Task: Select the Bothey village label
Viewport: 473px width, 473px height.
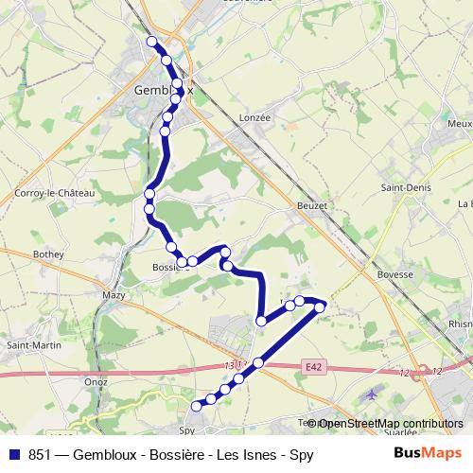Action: point(48,254)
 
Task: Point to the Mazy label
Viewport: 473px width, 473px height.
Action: point(114,295)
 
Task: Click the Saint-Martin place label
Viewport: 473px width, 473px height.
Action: point(34,345)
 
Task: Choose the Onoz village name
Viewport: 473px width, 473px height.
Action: point(96,381)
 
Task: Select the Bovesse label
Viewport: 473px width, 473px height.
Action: point(395,274)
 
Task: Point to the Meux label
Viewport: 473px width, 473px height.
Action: point(460,124)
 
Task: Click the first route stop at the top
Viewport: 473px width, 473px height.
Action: point(151,41)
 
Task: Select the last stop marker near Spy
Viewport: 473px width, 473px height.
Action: point(197,406)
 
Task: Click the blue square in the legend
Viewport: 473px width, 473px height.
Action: point(14,454)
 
